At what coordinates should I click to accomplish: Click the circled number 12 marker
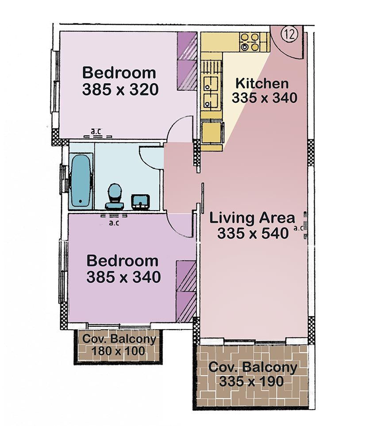point(290,34)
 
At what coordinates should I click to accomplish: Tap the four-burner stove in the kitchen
point(250,42)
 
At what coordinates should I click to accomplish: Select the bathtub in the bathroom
point(81,180)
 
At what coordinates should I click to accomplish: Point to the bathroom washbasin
point(140,202)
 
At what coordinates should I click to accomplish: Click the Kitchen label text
point(262,83)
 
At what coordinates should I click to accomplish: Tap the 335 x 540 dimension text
point(253,233)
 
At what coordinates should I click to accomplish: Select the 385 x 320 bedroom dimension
point(120,89)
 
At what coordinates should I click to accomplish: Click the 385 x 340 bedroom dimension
point(123,277)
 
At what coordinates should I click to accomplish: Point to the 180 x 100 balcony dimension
point(118,351)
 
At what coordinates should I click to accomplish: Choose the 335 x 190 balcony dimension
point(251,381)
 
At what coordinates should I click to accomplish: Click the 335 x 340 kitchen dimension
point(264,98)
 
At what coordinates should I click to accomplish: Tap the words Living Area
point(252,218)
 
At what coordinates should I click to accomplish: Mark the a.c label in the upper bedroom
point(96,131)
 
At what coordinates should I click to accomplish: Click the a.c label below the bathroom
point(114,223)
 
